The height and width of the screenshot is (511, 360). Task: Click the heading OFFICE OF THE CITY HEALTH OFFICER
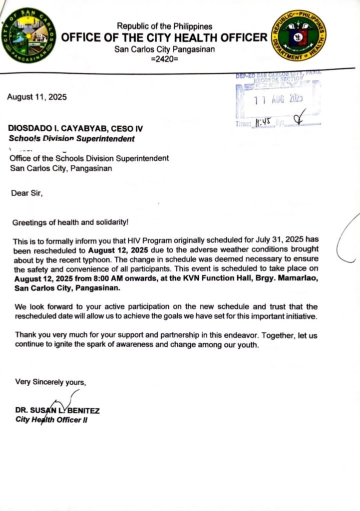click(x=164, y=38)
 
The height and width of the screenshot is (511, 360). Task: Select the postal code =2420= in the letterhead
click(x=164, y=59)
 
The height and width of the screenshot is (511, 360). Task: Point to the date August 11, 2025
click(x=36, y=97)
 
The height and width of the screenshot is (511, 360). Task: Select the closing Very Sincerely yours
click(x=50, y=382)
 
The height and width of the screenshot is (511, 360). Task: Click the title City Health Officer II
click(x=51, y=420)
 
